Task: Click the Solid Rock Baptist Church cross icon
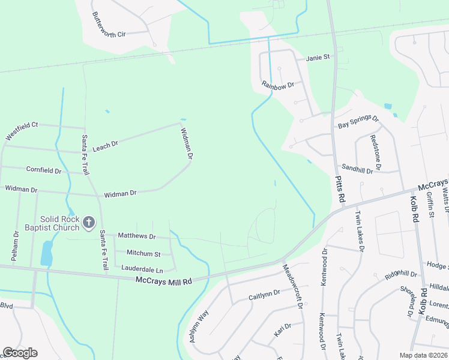point(88,223)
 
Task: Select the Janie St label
point(318,58)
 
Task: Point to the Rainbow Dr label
point(277,85)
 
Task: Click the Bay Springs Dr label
point(358,122)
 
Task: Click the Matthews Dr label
point(136,236)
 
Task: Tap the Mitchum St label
point(139,254)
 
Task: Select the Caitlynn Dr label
point(264,294)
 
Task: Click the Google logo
point(20,353)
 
